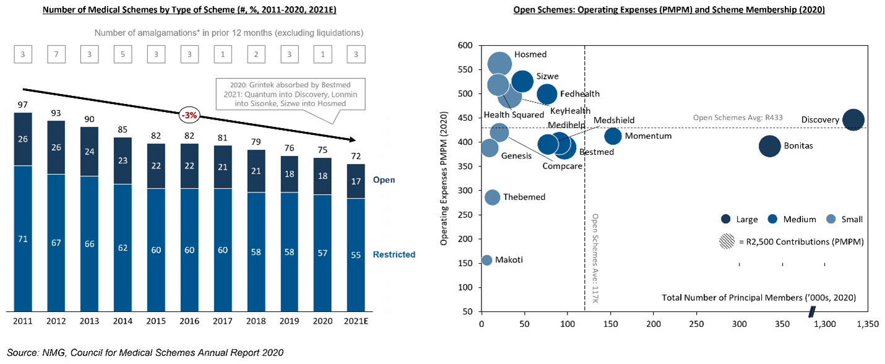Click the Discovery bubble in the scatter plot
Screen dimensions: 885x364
(x=853, y=119)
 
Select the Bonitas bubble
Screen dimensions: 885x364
(x=769, y=146)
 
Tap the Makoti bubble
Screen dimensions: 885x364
(x=486, y=260)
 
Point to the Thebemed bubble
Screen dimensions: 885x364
(x=492, y=197)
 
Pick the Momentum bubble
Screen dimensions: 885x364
(x=613, y=136)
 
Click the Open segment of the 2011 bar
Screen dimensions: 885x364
(x=23, y=139)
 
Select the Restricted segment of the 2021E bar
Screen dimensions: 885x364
(x=356, y=255)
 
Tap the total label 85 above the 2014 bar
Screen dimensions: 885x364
(x=123, y=129)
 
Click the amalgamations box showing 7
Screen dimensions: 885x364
(x=56, y=54)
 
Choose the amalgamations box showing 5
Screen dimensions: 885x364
(x=123, y=54)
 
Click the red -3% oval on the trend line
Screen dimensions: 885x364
(x=189, y=115)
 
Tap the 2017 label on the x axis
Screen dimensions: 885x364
(x=223, y=321)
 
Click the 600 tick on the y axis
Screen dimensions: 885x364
(x=465, y=45)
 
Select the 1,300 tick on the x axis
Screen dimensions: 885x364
(x=824, y=324)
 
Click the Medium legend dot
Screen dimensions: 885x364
(x=772, y=219)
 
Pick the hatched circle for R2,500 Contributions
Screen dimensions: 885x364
(x=727, y=241)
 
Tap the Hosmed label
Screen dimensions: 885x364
(x=530, y=54)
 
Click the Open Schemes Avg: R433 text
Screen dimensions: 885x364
(x=738, y=118)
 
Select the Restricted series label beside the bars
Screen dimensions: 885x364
(x=394, y=254)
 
